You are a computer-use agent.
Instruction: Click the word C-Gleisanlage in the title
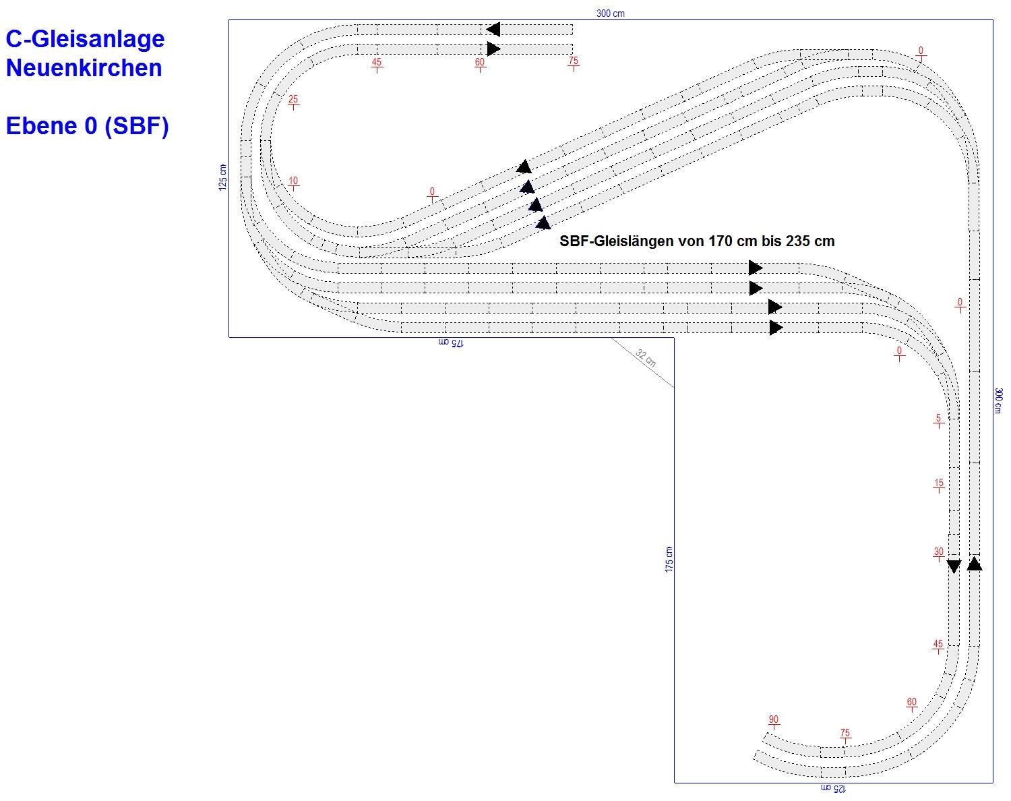(x=85, y=39)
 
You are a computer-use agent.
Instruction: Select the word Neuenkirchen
(x=84, y=68)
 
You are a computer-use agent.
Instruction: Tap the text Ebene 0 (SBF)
(x=87, y=126)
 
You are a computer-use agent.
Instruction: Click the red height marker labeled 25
(x=293, y=100)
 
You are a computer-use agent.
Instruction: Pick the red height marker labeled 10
(x=293, y=182)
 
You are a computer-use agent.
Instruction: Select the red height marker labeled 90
(x=774, y=721)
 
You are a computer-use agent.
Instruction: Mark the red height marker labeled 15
(x=938, y=484)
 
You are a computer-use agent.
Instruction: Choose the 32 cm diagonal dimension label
(x=646, y=359)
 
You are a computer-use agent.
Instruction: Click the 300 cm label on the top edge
(x=610, y=13)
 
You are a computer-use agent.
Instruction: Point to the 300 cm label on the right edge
(x=999, y=400)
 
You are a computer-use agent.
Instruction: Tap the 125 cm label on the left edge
(x=223, y=178)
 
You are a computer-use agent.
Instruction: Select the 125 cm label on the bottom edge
(x=833, y=788)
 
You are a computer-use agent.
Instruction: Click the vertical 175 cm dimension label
(x=669, y=560)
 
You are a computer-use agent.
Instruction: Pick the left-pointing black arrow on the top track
(x=493, y=30)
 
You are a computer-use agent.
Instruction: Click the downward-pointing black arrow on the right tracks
(x=953, y=566)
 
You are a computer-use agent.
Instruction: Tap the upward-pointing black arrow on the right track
(x=974, y=563)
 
